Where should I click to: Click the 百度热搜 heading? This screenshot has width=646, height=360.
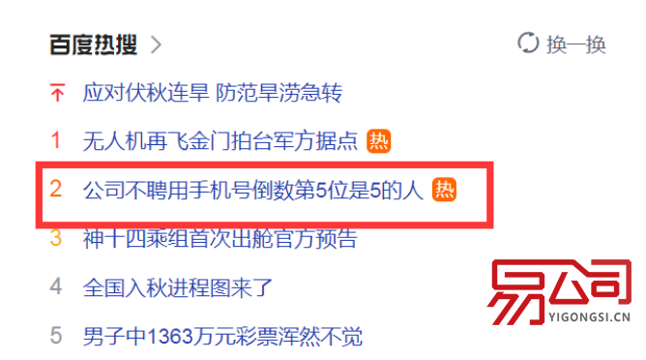(x=93, y=45)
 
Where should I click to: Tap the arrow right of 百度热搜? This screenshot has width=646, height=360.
(x=156, y=45)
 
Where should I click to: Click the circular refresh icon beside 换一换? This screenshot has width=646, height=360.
(x=528, y=44)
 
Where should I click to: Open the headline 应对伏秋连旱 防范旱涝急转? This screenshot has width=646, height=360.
(x=212, y=94)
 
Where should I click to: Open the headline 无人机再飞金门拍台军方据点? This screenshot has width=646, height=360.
(x=220, y=142)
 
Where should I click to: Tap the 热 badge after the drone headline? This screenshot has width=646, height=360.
(x=378, y=142)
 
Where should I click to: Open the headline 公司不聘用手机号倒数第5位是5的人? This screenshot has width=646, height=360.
(x=253, y=191)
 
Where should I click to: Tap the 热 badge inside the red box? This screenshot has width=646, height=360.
(x=443, y=190)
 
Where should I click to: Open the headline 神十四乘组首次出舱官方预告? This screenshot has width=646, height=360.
(x=220, y=238)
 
